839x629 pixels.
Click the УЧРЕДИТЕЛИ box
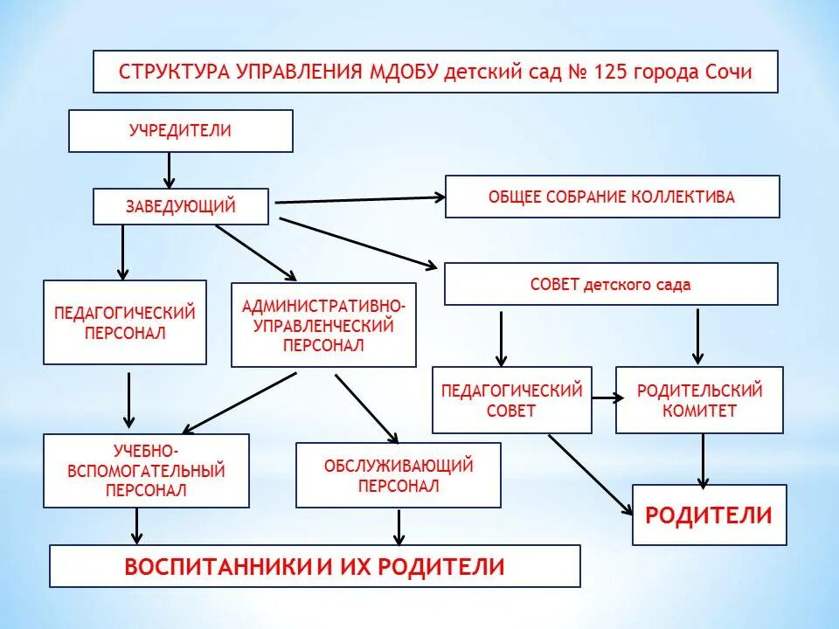[x=180, y=131]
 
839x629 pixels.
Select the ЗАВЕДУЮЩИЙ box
[x=180, y=207]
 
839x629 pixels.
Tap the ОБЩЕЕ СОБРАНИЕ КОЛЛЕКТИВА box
[x=612, y=197]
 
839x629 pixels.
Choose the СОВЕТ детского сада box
[x=610, y=285]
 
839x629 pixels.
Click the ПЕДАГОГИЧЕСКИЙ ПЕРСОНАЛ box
[x=125, y=322]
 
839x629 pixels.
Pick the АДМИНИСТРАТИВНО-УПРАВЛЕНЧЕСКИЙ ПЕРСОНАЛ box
[x=323, y=325]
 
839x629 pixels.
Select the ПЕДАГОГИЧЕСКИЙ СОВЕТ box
[x=511, y=400]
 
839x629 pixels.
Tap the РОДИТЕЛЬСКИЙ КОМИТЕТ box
[x=699, y=400]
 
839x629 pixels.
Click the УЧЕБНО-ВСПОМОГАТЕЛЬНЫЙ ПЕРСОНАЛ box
[x=146, y=471]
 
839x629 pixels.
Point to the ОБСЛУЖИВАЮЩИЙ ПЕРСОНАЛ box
[x=399, y=475]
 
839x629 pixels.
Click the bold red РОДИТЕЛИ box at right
[x=709, y=515]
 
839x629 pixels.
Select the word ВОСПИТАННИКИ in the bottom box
[x=218, y=566]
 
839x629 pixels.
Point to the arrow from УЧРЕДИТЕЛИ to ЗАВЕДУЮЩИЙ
[x=170, y=170]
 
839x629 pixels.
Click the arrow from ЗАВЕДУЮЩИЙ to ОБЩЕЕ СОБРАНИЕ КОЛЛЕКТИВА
[x=360, y=200]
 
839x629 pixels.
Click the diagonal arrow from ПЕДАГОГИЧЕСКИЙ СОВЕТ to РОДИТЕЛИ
[x=590, y=475]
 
